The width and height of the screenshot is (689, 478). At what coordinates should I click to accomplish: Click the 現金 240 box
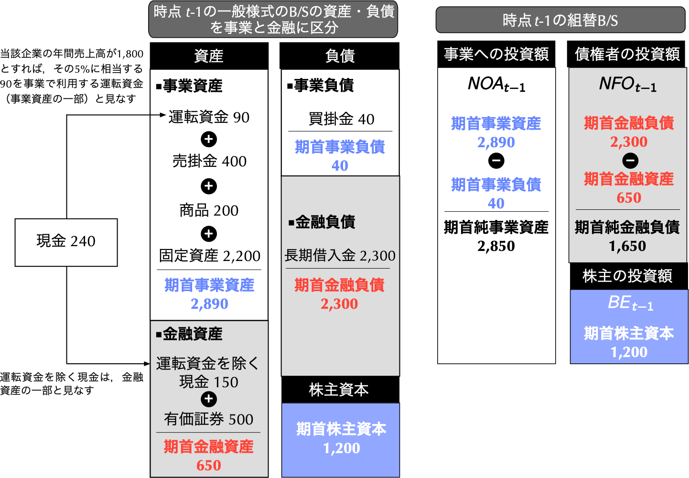pyautogui.click(x=66, y=242)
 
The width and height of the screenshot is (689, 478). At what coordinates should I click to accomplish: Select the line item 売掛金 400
pyautogui.click(x=209, y=162)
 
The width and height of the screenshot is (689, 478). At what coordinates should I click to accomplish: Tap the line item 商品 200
pyautogui.click(x=209, y=210)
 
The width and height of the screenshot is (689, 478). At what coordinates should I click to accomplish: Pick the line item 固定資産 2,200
pyautogui.click(x=209, y=256)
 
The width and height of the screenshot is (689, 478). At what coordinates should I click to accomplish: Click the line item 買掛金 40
pyautogui.click(x=341, y=119)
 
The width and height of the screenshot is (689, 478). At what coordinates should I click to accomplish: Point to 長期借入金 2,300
pyautogui.click(x=340, y=256)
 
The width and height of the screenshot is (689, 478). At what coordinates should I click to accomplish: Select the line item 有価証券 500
pyautogui.click(x=209, y=419)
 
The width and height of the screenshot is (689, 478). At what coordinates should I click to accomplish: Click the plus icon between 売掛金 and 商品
pyautogui.click(x=209, y=186)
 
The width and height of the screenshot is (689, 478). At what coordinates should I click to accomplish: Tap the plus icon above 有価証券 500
pyautogui.click(x=209, y=399)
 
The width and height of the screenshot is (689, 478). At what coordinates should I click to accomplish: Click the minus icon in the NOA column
pyautogui.click(x=496, y=161)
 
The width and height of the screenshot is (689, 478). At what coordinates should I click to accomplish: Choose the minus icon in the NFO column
pyautogui.click(x=630, y=161)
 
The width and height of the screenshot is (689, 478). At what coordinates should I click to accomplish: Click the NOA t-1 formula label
pyautogui.click(x=496, y=85)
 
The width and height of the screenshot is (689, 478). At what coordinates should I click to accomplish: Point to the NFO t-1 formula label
pyautogui.click(x=627, y=85)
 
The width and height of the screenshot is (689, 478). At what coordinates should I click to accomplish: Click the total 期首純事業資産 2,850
pyautogui.click(x=496, y=237)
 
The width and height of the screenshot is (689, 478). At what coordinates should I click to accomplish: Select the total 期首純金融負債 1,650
pyautogui.click(x=627, y=237)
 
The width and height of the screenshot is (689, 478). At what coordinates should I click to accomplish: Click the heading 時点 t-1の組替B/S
pyautogui.click(x=560, y=21)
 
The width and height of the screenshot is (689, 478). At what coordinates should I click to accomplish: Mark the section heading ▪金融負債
pyautogui.click(x=322, y=222)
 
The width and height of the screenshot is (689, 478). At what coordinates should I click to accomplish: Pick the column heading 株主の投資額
pyautogui.click(x=627, y=276)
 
